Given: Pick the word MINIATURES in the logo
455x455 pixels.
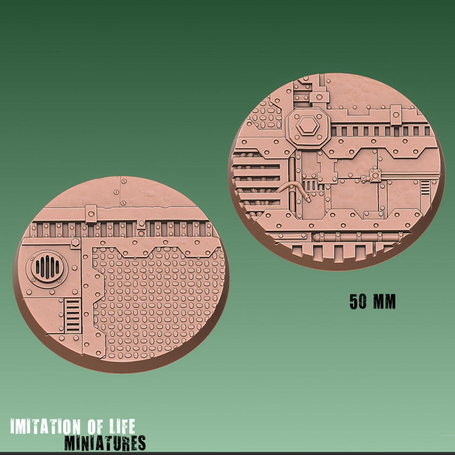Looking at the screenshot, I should [x=105, y=443].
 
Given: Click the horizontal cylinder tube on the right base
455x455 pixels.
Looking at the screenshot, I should [x=356, y=238].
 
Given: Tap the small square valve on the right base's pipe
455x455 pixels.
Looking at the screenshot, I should [x=374, y=175].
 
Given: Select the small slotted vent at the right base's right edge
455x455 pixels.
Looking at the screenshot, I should [x=426, y=187].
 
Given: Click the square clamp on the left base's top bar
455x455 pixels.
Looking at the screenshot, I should [x=91, y=214].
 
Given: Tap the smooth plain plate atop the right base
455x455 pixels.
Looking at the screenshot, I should [x=371, y=93].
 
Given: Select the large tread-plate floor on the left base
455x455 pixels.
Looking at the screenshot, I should [x=160, y=299].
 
